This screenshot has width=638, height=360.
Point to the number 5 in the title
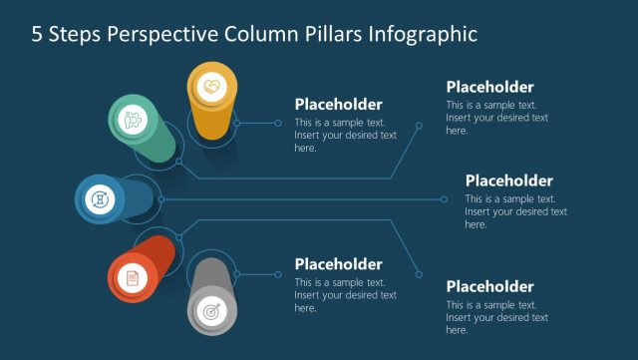[38, 35]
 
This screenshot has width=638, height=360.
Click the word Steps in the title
[76, 35]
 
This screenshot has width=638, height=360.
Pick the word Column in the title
[260, 35]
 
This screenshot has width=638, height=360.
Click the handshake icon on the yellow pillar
[211, 87]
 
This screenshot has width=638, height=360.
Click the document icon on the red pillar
[132, 278]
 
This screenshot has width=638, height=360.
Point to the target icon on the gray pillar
[211, 311]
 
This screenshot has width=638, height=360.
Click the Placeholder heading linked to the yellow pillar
[338, 105]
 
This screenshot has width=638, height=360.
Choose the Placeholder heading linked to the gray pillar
[338, 264]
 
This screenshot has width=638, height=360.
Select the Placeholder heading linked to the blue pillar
[508, 180]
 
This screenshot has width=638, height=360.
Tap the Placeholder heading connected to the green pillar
[489, 87]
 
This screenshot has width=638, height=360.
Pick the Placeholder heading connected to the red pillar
[489, 286]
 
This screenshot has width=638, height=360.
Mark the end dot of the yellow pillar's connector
[278, 124]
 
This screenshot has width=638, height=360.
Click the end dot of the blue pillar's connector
[445, 198]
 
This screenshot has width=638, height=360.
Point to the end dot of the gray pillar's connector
[278, 273]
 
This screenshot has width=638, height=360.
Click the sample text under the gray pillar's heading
[345, 295]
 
